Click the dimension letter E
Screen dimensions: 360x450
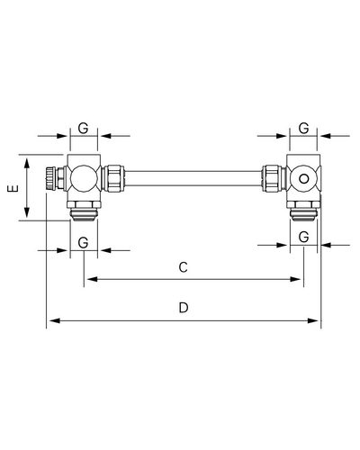(x=13, y=188)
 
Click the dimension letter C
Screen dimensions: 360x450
(x=184, y=267)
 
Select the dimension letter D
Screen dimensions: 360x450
(x=184, y=308)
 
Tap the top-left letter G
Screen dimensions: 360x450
(x=83, y=129)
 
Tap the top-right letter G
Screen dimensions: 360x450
(x=303, y=129)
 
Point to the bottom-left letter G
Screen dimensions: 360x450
(x=83, y=243)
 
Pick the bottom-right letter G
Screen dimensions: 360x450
(x=303, y=238)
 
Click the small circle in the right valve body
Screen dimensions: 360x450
(x=303, y=179)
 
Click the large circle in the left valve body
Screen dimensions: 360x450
(x=84, y=178)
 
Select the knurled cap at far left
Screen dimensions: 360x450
(x=50, y=178)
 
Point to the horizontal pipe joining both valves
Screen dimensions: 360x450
(x=193, y=178)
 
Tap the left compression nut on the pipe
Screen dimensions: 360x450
(x=113, y=178)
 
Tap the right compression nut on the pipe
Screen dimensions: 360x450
(x=273, y=178)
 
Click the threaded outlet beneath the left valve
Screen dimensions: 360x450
(x=84, y=214)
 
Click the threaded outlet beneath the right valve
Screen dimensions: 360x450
(x=303, y=214)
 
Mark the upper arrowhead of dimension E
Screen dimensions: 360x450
(x=27, y=163)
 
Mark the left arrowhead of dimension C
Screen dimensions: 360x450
(x=93, y=279)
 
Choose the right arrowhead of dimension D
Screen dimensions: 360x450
(x=313, y=320)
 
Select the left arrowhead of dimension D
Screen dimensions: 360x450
(x=55, y=320)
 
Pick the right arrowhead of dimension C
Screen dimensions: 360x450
(x=295, y=279)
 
